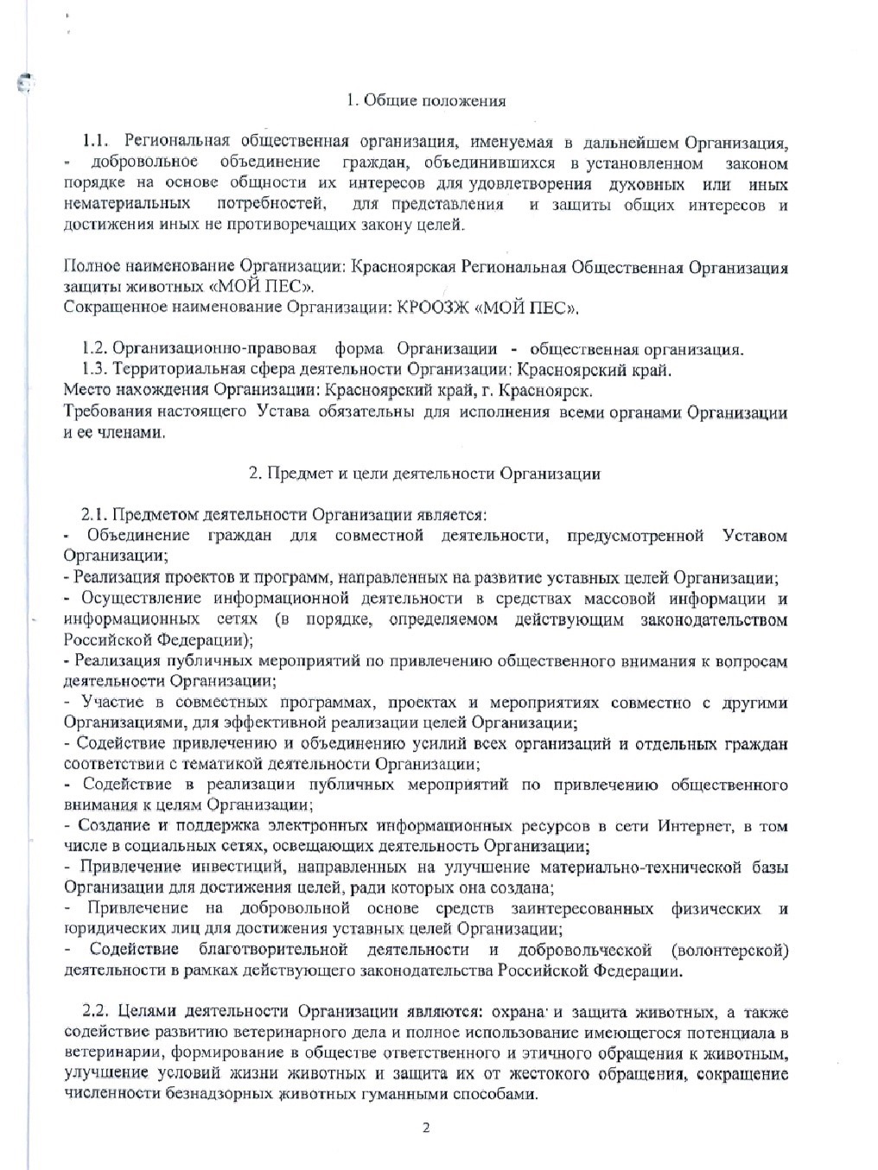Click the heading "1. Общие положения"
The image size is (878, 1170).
(x=426, y=100)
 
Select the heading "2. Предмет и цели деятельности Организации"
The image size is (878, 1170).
(x=424, y=473)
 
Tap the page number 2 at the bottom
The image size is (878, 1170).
(x=425, y=1129)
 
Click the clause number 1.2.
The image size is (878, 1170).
(x=94, y=349)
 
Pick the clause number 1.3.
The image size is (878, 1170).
(x=94, y=370)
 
